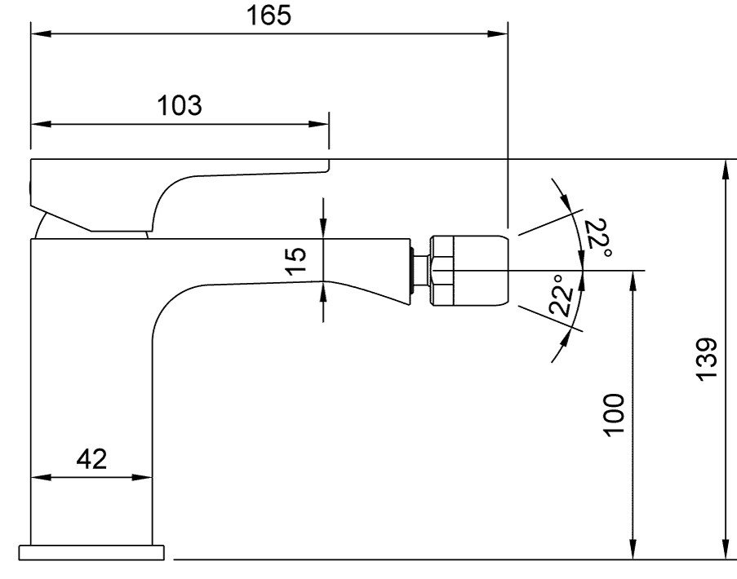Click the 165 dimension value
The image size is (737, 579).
coord(269,15)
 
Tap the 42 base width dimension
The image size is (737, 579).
coord(91,459)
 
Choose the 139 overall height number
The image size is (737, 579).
coord(707,358)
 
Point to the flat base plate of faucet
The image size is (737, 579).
coord(92,552)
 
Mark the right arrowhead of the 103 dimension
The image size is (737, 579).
coord(321,125)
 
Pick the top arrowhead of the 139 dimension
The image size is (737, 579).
coord(725,168)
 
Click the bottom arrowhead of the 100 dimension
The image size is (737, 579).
coord(633,552)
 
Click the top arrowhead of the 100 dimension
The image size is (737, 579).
coord(633,278)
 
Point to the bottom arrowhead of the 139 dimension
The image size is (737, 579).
coord(725,552)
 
